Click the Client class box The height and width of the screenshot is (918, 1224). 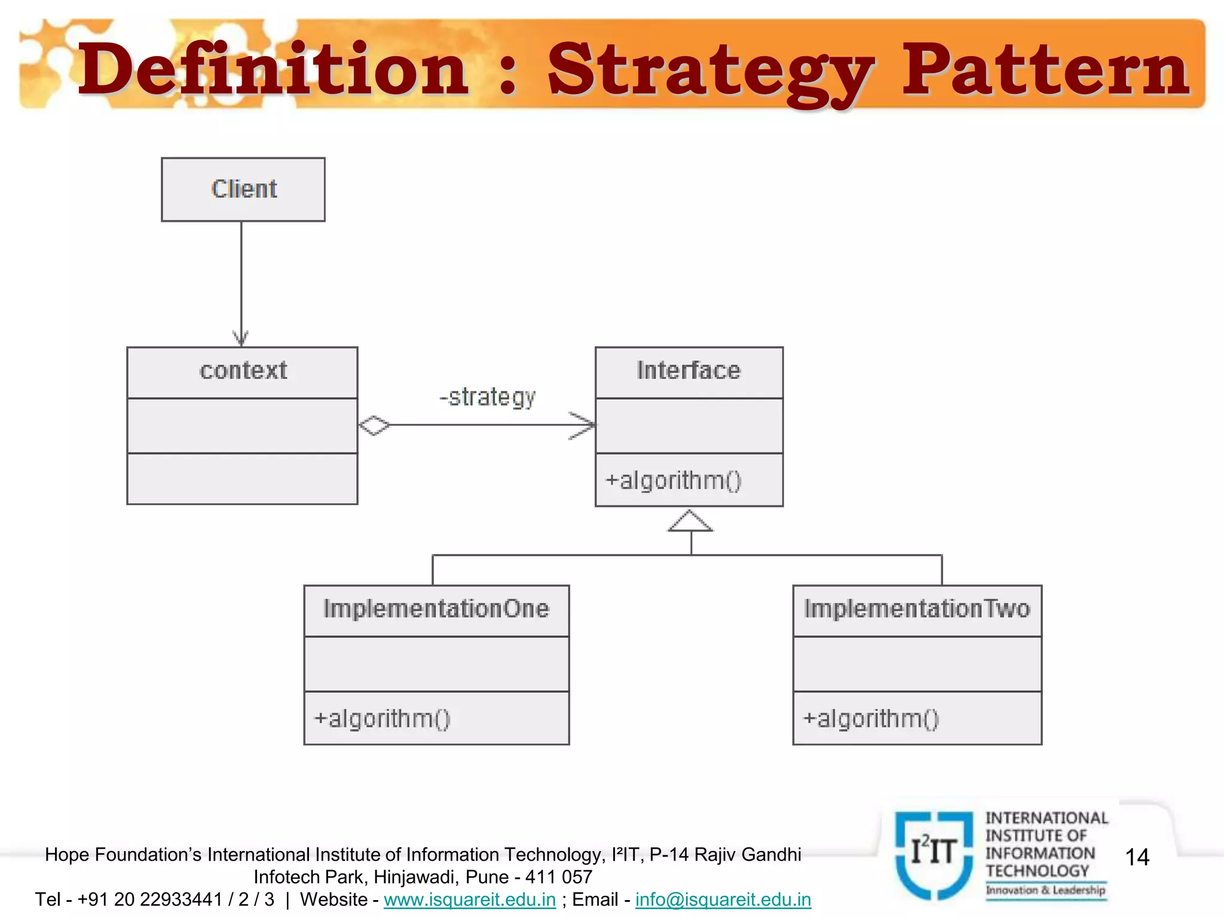pyautogui.click(x=243, y=189)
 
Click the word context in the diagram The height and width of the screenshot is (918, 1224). pyautogui.click(x=243, y=371)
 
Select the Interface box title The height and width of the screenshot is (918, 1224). pyautogui.click(x=688, y=371)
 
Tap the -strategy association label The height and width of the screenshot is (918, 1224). pyautogui.click(x=488, y=397)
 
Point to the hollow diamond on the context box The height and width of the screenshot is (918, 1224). pyautogui.click(x=374, y=425)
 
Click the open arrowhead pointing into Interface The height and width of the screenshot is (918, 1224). pyautogui.click(x=583, y=425)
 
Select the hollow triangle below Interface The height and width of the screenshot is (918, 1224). pyautogui.click(x=690, y=521)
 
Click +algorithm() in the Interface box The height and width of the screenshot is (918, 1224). pyautogui.click(x=673, y=481)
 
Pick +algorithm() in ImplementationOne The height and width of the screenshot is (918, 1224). pyautogui.click(x=382, y=718)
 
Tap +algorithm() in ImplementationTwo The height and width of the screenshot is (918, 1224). pyautogui.click(x=871, y=718)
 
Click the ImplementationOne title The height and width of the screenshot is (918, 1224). pyautogui.click(x=436, y=609)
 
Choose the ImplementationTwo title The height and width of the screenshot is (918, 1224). pyautogui.click(x=917, y=609)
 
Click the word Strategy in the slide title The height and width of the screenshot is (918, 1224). pyautogui.click(x=709, y=72)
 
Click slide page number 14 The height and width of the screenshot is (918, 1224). pyautogui.click(x=1137, y=857)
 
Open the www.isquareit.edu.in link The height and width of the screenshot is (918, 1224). pyautogui.click(x=470, y=899)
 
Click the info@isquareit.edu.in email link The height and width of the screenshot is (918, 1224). pyautogui.click(x=723, y=899)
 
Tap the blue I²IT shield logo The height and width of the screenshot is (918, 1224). pyautogui.click(x=934, y=853)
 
